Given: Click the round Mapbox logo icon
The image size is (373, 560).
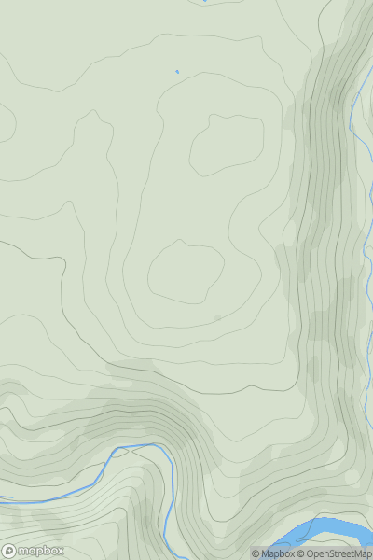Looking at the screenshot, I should [10, 551].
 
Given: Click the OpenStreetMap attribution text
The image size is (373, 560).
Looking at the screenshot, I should [338, 553].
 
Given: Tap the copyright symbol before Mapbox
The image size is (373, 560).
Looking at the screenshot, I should [256, 553].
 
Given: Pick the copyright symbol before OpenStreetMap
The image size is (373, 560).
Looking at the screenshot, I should [301, 553].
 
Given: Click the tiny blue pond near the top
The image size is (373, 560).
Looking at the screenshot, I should [176, 70].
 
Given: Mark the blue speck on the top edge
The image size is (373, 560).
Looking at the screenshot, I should [204, 1].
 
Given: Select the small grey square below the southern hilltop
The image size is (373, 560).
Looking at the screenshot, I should [218, 318].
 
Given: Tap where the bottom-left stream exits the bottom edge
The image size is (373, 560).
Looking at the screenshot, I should [167, 557].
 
